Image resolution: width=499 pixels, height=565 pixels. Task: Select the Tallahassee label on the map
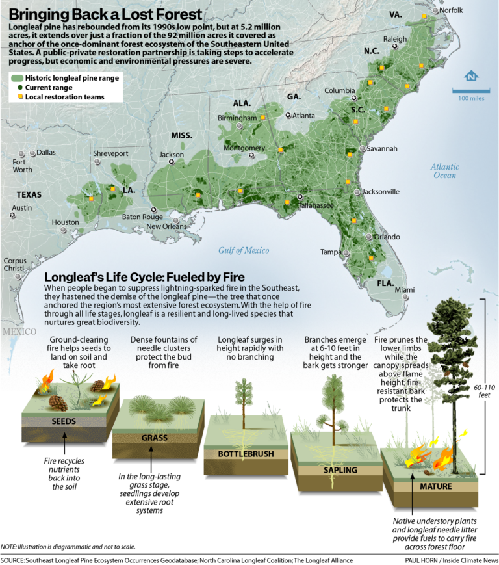316,205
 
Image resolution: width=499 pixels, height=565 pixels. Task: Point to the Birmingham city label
237,118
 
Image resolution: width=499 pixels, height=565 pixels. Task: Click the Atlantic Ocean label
444,171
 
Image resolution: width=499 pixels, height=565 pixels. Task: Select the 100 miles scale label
472,98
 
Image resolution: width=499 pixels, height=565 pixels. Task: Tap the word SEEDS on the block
64,421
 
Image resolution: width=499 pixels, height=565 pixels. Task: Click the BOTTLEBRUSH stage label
246,453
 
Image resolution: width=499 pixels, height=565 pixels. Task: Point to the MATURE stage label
435,486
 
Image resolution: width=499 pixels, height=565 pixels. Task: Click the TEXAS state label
29,194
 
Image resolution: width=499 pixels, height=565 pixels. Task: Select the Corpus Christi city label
14,265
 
